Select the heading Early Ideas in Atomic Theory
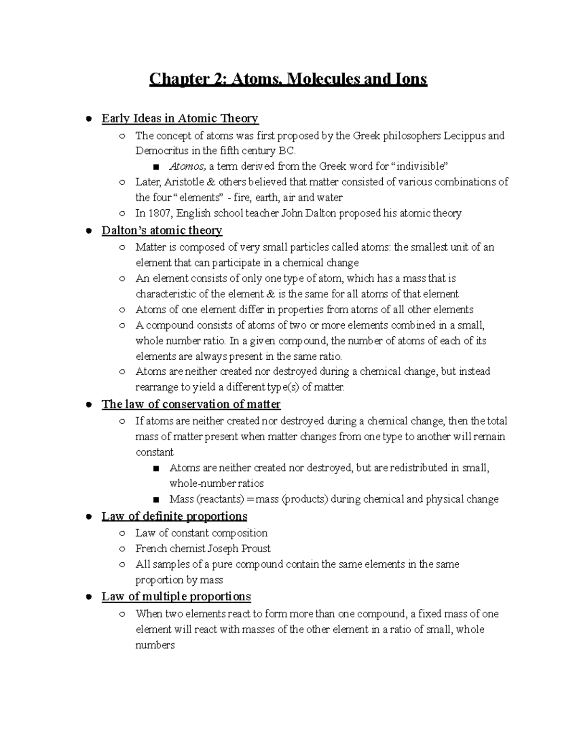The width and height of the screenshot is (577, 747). (x=180, y=118)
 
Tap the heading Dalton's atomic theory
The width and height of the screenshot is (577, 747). (x=162, y=230)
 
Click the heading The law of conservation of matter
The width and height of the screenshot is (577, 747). (x=191, y=404)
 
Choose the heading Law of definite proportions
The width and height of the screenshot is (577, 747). (x=174, y=516)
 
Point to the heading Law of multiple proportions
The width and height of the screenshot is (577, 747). (x=176, y=596)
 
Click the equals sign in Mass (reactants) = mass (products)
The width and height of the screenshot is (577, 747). (x=250, y=499)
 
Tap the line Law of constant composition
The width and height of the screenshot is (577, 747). (x=201, y=533)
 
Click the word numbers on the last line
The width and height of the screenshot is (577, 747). (x=155, y=645)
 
